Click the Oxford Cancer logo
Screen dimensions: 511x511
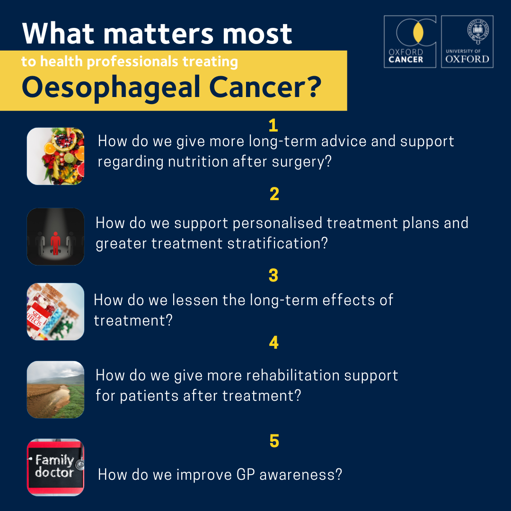410,42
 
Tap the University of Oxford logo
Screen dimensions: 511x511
467,42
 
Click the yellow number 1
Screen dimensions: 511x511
273,125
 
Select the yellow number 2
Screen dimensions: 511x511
274,194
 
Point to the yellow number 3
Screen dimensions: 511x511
273,275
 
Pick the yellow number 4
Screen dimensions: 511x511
274,343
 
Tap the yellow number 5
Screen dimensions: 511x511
274,441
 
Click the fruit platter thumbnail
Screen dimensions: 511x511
55,156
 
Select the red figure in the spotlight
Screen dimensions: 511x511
55,243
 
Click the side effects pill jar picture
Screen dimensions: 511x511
55,311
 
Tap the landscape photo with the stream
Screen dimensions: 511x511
55,389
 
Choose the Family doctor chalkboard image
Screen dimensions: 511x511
55,467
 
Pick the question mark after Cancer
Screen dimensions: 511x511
315,87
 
